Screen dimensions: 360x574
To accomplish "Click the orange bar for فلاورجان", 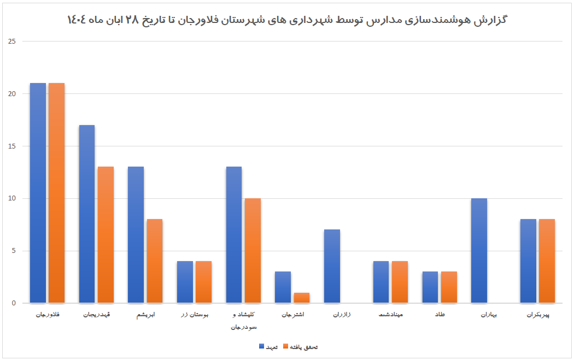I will click(56, 193).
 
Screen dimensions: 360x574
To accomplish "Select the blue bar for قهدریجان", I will click(87, 214).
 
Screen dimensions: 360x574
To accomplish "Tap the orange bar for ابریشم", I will click(154, 261).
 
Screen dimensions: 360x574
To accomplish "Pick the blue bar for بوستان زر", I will click(185, 282).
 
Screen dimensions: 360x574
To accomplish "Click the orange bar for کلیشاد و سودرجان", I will click(253, 251).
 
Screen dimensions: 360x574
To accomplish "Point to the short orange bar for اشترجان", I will click(301, 298).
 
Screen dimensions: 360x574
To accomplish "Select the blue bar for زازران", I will click(332, 266).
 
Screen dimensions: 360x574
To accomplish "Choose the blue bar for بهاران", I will click(479, 251).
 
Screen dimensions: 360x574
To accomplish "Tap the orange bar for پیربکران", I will click(547, 261).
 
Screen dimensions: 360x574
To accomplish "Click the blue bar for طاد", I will click(430, 287).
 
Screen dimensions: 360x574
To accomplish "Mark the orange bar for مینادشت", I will click(400, 282).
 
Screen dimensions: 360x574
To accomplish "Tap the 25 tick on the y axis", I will click(13, 42).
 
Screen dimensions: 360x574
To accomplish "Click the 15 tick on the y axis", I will click(13, 146).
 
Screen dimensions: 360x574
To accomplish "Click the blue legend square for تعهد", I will click(261, 347).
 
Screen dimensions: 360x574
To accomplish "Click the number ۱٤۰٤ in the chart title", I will click(80, 20).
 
